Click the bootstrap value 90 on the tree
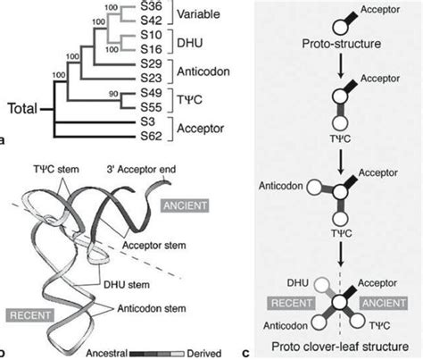tap(110, 93)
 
